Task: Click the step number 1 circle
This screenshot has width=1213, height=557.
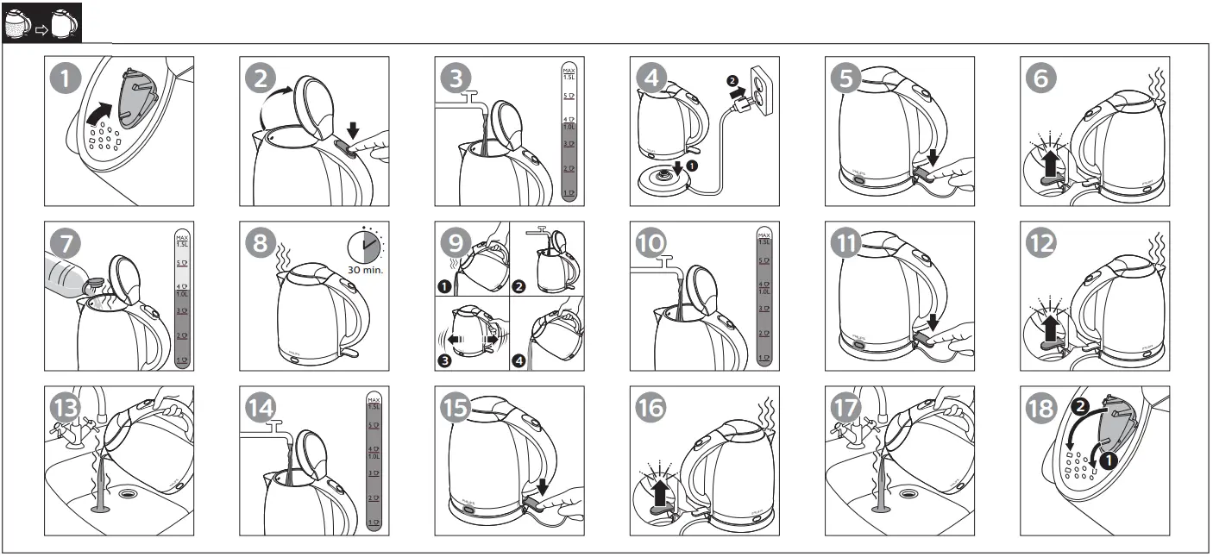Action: (x=66, y=78)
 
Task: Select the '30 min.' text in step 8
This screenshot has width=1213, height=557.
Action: (x=366, y=270)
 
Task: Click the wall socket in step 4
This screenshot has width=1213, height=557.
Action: (x=763, y=87)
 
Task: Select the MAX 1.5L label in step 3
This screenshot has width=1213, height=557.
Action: (x=569, y=72)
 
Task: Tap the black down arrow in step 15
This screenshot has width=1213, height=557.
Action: (x=542, y=489)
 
